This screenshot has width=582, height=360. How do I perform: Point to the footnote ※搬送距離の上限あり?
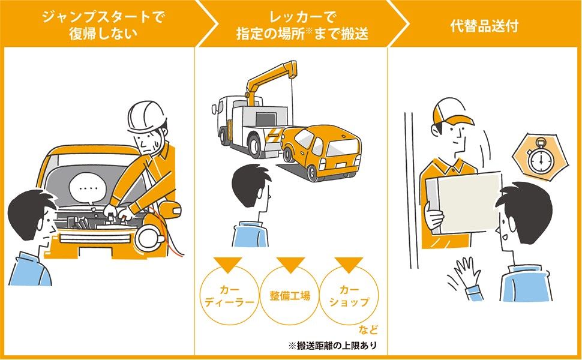click(335, 346)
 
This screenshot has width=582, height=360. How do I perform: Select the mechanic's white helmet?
click(146, 115)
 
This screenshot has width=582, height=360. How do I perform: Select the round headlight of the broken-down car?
click(147, 238)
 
